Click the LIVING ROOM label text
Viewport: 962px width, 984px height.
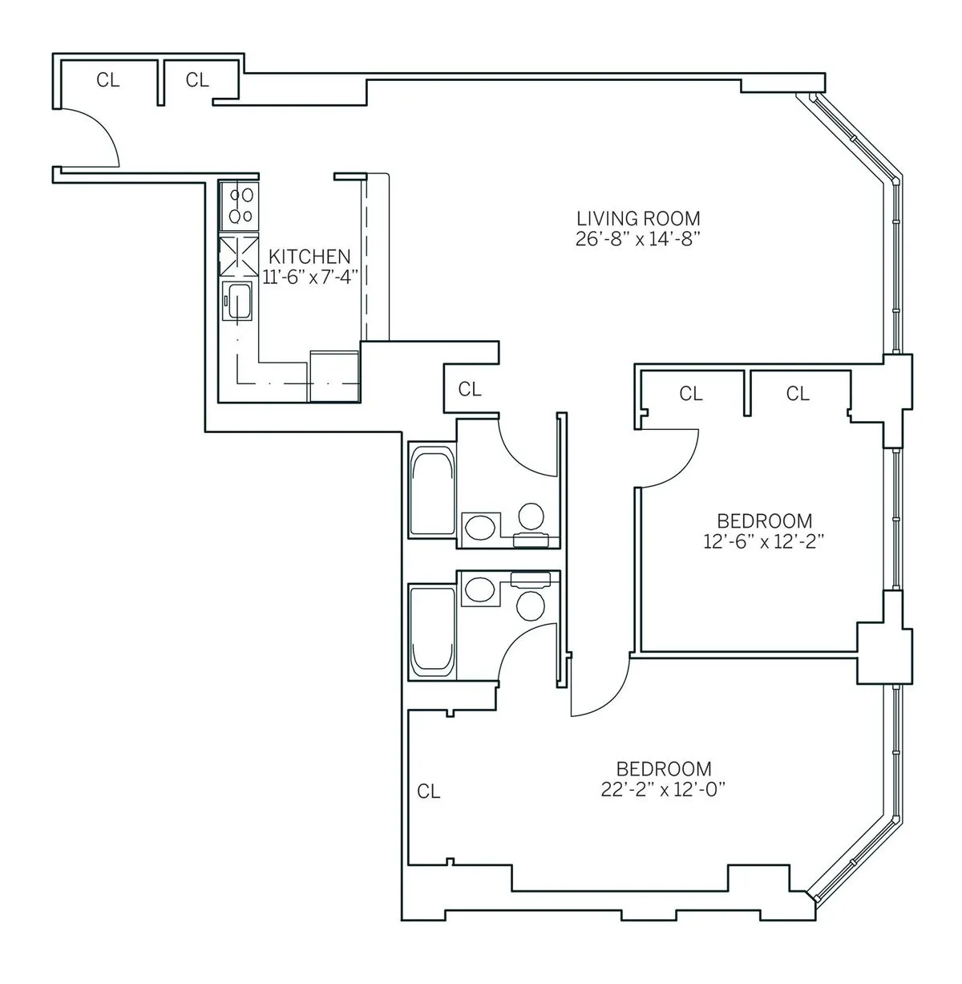pos(639,218)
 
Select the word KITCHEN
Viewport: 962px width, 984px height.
pos(309,257)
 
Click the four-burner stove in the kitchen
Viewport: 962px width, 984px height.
pos(241,204)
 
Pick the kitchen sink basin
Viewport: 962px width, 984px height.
pos(239,301)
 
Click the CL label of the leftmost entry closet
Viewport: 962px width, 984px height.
pos(108,80)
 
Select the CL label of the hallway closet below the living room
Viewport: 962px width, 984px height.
pos(470,390)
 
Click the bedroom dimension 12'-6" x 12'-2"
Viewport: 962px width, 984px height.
pos(764,542)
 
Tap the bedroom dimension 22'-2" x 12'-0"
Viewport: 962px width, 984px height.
pos(664,790)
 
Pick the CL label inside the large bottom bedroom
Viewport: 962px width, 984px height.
pos(429,792)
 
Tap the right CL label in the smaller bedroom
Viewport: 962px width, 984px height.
pos(798,394)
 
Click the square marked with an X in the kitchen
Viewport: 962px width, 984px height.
pos(240,256)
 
